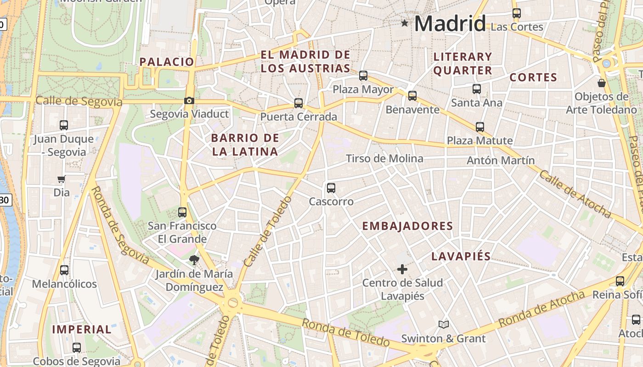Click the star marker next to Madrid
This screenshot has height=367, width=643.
point(405,23)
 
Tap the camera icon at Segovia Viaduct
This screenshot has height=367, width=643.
point(189,100)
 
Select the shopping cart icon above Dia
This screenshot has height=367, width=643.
point(62,179)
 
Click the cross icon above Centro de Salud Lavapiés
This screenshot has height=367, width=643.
point(402,269)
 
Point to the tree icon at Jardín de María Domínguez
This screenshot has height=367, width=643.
point(194,260)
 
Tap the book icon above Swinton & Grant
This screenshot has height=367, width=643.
point(443,325)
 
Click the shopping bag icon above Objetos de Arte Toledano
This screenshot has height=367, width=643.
point(601,83)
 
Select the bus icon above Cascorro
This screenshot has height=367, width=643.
point(331,188)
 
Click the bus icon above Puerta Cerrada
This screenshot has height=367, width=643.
point(299,103)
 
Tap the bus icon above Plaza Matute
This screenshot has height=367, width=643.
point(480,127)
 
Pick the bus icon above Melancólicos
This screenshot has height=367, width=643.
point(64,270)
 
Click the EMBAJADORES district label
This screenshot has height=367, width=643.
point(407,226)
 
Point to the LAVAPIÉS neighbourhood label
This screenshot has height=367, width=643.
point(461,256)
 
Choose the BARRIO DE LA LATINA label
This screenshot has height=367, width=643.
point(245,145)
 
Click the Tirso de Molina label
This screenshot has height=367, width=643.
point(384,159)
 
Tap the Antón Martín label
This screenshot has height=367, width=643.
point(501,161)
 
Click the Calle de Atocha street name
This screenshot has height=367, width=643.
point(575,194)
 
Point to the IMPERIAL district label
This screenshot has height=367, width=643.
point(82,329)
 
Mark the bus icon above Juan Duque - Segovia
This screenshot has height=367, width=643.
point(64,125)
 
